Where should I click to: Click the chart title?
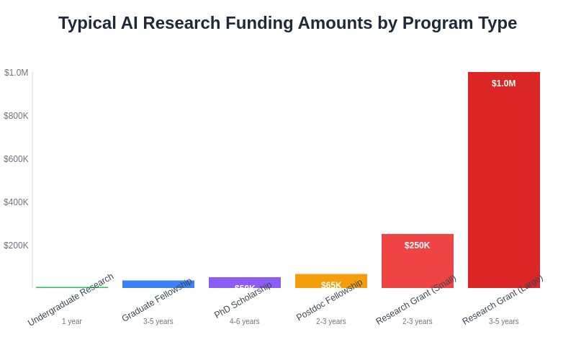coord(287,23)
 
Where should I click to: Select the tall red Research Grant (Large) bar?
coord(503,180)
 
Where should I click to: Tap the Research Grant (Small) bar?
coord(417,263)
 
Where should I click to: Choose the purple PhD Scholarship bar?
coord(244,282)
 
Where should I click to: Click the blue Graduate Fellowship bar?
coord(158,284)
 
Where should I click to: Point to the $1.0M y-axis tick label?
coord(17,73)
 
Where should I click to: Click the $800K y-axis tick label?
coord(16,116)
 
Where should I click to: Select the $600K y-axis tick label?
coord(16,159)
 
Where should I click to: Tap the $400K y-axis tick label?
coord(16,202)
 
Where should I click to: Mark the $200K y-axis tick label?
coord(16,246)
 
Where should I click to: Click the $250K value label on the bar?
coord(417,246)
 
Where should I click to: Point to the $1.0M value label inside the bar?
coord(503,84)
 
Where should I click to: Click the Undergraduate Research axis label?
coord(71,300)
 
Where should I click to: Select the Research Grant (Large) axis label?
coord(503,300)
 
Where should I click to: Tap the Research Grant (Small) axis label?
coord(416,300)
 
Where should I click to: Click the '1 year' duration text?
coord(72,322)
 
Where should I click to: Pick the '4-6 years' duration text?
coord(245,322)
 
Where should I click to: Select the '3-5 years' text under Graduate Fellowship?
coord(158,322)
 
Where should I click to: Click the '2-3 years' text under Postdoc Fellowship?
coord(331,322)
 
